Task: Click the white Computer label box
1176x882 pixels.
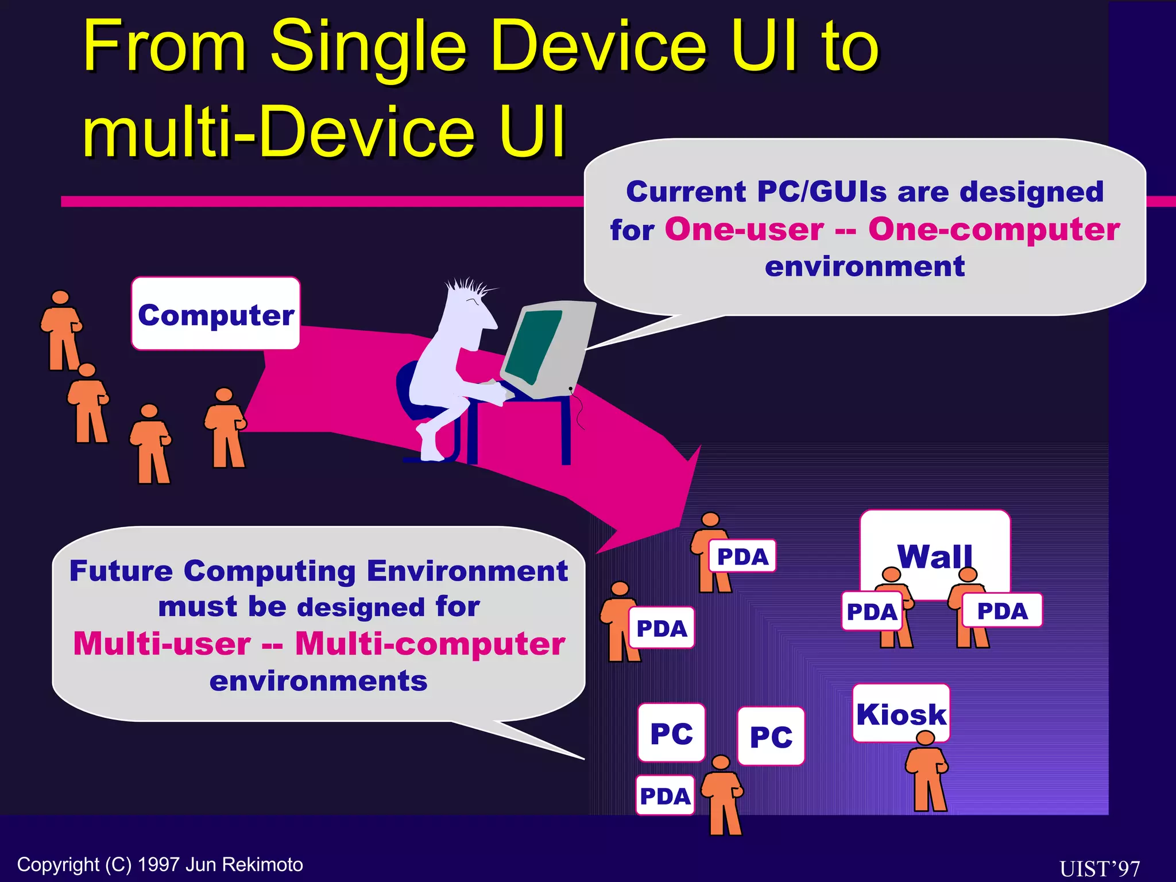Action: point(215,314)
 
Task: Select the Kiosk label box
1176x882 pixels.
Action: point(900,714)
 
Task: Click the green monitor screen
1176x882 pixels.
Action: point(534,345)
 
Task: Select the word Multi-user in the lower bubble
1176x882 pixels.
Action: point(162,643)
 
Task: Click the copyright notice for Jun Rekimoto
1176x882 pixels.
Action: point(160,864)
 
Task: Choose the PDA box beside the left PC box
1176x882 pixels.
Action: point(664,796)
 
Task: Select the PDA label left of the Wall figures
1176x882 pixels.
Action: point(871,611)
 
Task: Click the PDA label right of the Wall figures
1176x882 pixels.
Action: point(1002,610)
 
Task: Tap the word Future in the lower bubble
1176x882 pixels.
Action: point(121,571)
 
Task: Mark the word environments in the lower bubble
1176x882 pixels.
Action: point(318,681)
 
